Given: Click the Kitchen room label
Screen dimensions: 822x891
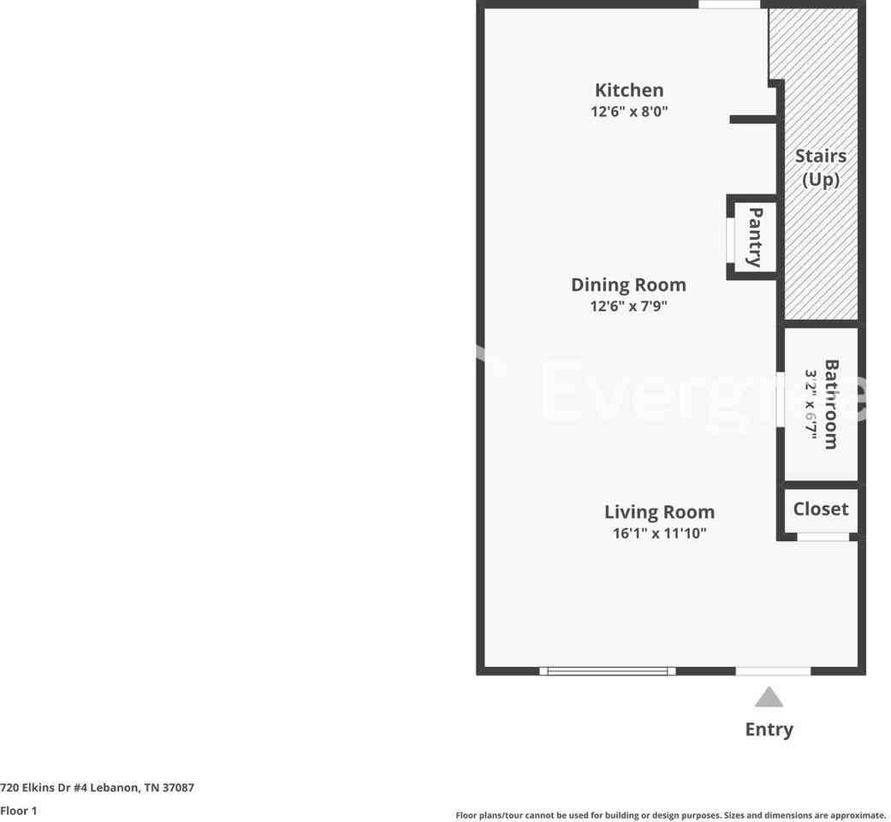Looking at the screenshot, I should point(629,90).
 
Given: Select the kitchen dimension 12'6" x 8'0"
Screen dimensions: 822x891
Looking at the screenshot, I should point(629,111).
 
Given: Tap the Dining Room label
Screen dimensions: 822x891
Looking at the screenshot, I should point(628,284).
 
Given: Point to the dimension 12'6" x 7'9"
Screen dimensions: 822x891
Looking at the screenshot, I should point(628,306).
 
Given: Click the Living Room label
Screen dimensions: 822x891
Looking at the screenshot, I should point(659,512).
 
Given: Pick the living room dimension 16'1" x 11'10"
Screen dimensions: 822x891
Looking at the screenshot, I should point(659,533).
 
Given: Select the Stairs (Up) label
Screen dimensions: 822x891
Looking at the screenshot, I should point(821,167).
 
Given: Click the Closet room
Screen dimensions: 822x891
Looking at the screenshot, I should point(821,509).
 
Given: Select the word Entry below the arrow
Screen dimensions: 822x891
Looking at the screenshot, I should point(769,730).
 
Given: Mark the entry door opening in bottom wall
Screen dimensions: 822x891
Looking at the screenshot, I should point(773,671).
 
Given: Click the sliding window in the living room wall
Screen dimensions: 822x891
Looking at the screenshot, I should point(608,671).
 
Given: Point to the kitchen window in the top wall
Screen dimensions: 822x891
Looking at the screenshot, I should point(728,4).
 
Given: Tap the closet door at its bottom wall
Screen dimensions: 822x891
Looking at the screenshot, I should point(823,537).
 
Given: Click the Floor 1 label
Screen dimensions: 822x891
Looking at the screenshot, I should point(19,810).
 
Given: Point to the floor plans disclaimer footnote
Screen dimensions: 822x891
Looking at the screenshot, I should point(670,815).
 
